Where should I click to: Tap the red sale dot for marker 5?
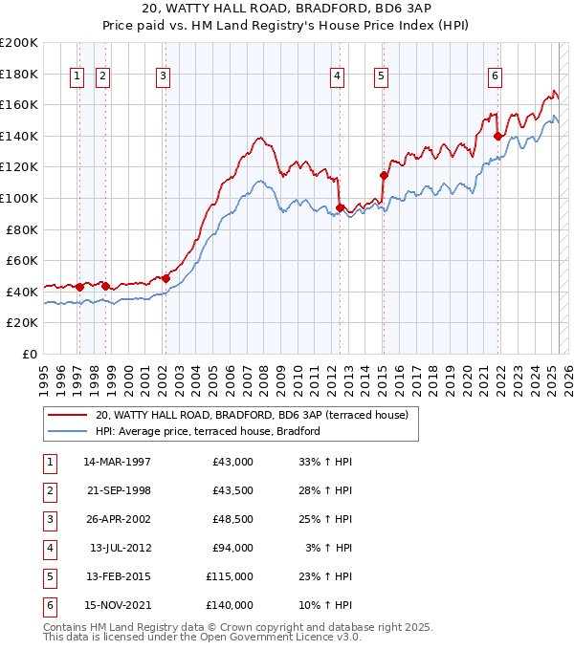(384, 175)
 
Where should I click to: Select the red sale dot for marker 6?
(497, 136)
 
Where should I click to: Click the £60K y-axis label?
(22, 260)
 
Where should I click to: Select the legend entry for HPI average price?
(207, 431)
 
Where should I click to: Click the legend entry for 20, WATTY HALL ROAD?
(252, 415)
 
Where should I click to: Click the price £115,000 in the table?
(230, 576)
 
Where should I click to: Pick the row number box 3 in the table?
(49, 519)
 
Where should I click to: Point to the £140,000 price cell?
(230, 605)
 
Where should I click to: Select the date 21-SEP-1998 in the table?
(118, 490)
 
